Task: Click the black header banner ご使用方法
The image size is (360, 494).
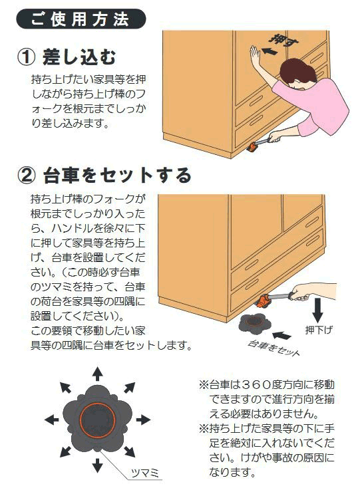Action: pyautogui.click(x=81, y=19)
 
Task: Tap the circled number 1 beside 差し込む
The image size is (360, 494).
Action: pyautogui.click(x=27, y=57)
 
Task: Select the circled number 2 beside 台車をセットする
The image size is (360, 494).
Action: pyautogui.click(x=27, y=176)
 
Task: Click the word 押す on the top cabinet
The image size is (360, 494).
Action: pyautogui.click(x=284, y=41)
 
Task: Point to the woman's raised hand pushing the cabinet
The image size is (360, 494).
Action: pyautogui.click(x=255, y=56)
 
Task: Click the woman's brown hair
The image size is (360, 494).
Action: pyautogui.click(x=296, y=72)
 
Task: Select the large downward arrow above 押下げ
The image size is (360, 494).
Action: pyautogui.click(x=317, y=310)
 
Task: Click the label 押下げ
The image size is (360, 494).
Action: pyautogui.click(x=319, y=330)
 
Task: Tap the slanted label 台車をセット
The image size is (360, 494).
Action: pyautogui.click(x=273, y=348)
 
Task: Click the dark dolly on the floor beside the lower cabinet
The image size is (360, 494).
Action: pyautogui.click(x=254, y=324)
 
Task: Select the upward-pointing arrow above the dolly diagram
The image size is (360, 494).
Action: pyautogui.click(x=98, y=374)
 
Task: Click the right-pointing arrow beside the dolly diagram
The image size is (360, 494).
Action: pyautogui.click(x=143, y=420)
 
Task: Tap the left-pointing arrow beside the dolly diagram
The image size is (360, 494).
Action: pyautogui.click(x=52, y=420)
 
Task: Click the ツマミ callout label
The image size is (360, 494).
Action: pyautogui.click(x=144, y=473)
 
